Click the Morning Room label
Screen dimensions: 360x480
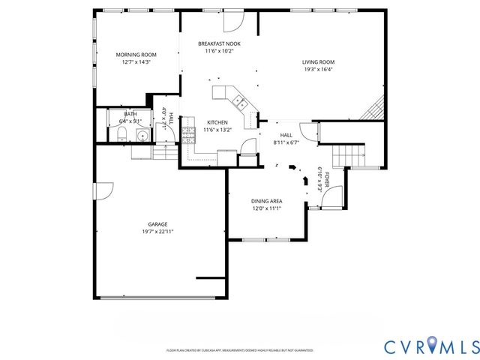(136, 55)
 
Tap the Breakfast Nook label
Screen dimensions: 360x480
(219, 44)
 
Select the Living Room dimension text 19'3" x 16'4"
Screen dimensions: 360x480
(317, 70)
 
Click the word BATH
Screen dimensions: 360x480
(130, 114)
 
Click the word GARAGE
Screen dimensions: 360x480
(157, 223)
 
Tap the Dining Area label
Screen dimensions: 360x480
(266, 201)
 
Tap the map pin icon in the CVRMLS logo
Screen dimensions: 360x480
(433, 346)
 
